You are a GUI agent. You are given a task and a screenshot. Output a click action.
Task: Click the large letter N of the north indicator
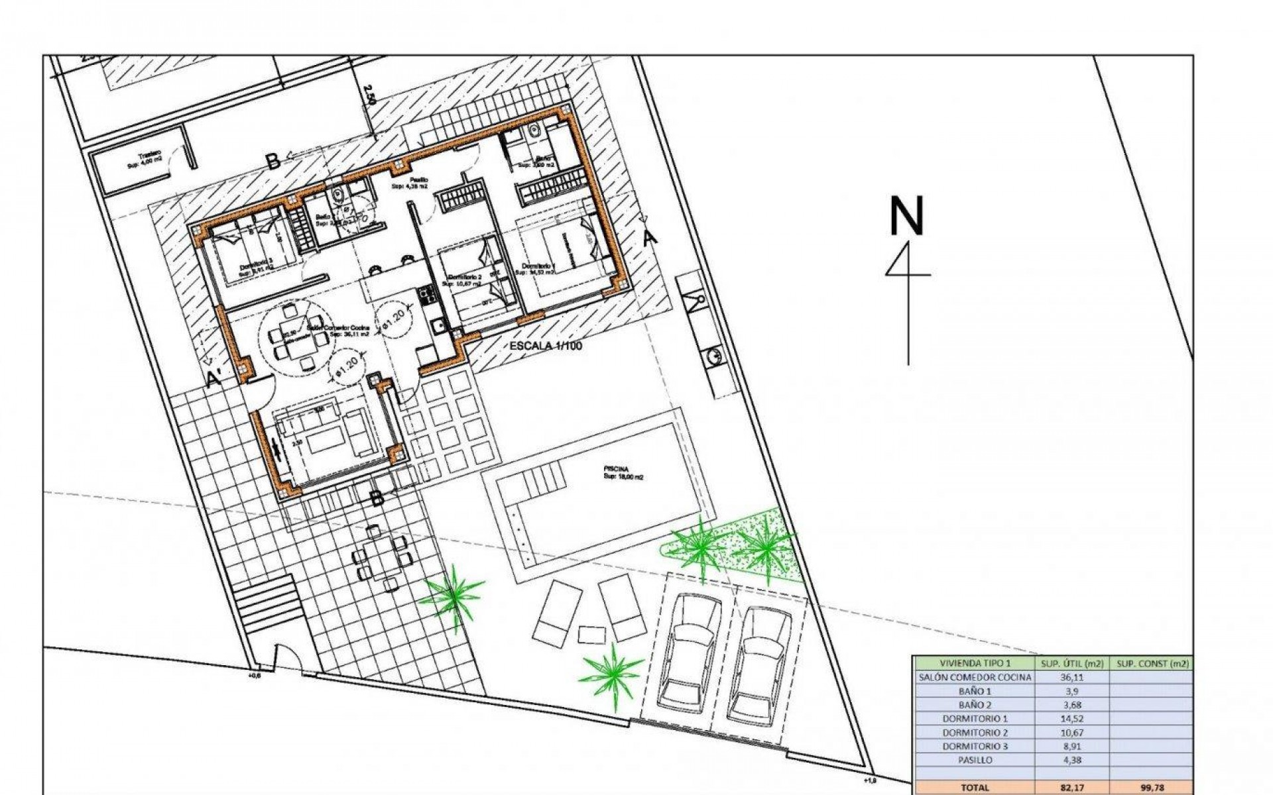906,216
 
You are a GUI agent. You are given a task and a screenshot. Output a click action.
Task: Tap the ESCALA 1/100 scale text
545,346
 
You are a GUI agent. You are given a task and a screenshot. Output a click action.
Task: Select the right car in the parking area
758,662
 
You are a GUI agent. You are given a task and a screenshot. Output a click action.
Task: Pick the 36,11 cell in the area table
1071,677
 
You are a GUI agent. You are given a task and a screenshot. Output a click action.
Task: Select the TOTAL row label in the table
975,788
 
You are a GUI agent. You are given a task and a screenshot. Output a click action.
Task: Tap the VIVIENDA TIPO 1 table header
975,663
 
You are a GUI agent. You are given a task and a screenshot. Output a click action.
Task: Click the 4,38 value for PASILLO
1071,760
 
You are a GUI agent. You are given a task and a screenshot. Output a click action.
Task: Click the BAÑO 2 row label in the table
975,705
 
